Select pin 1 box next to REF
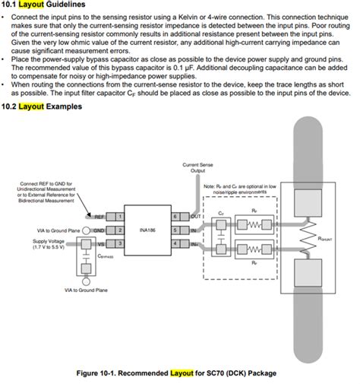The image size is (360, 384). click(x=119, y=216)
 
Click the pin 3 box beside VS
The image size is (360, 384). click(x=119, y=243)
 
